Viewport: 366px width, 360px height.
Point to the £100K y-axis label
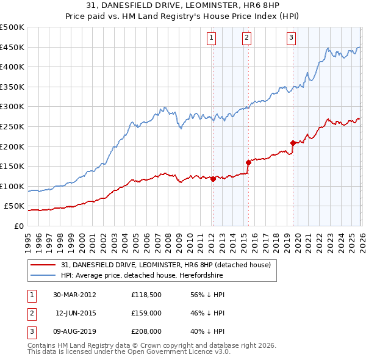[x=12, y=186]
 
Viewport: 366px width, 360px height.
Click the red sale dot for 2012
[x=213, y=179]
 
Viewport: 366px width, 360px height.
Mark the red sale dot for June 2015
[x=248, y=162]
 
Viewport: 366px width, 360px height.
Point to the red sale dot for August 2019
[x=293, y=143]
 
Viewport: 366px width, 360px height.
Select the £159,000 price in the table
[x=146, y=313]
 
